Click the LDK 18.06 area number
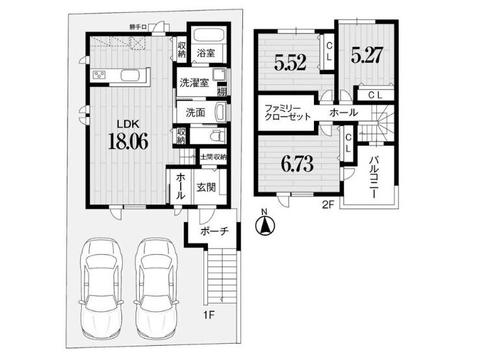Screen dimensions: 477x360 [x=128, y=142]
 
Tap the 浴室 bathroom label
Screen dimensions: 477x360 [x=205, y=53]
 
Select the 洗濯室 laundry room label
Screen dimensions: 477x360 [x=194, y=83]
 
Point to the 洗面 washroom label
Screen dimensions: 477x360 [x=196, y=113]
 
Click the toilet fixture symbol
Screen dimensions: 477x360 [x=218, y=135]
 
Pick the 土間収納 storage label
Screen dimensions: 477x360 [x=213, y=157]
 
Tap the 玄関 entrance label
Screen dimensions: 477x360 [x=205, y=187]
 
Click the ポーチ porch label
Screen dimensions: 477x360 [x=214, y=231]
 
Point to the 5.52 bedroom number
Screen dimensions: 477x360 [x=290, y=63]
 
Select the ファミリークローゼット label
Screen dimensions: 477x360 [x=287, y=112]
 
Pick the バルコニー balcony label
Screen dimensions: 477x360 [x=375, y=177]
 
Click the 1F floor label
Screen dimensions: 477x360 [x=210, y=314]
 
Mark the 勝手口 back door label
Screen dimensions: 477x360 [x=138, y=27]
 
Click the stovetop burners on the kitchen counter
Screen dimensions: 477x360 [x=99, y=75]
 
